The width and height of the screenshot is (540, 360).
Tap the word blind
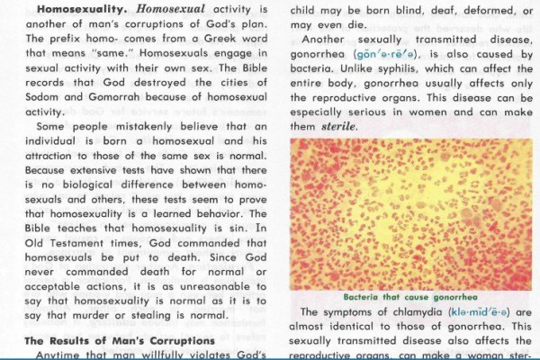(402, 8)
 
